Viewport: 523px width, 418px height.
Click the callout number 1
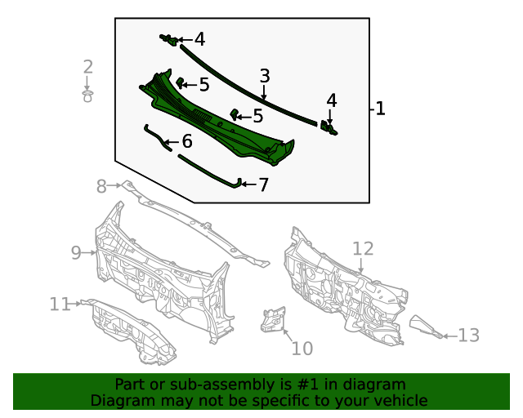point(381,109)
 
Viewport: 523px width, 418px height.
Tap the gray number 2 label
point(87,67)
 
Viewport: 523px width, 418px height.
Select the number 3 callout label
point(265,76)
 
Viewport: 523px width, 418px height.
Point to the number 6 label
point(187,141)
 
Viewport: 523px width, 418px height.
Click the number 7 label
point(263,185)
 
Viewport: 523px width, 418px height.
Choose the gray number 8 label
point(101,186)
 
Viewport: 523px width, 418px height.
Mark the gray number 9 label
point(76,252)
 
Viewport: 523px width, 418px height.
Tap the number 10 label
point(302,349)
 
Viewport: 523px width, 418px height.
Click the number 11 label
point(60,304)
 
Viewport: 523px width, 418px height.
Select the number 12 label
point(363,248)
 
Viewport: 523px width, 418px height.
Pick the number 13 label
point(468,335)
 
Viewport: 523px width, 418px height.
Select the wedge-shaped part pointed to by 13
point(425,326)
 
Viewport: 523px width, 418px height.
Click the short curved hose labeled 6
point(156,136)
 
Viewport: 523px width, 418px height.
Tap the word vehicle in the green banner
point(400,400)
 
